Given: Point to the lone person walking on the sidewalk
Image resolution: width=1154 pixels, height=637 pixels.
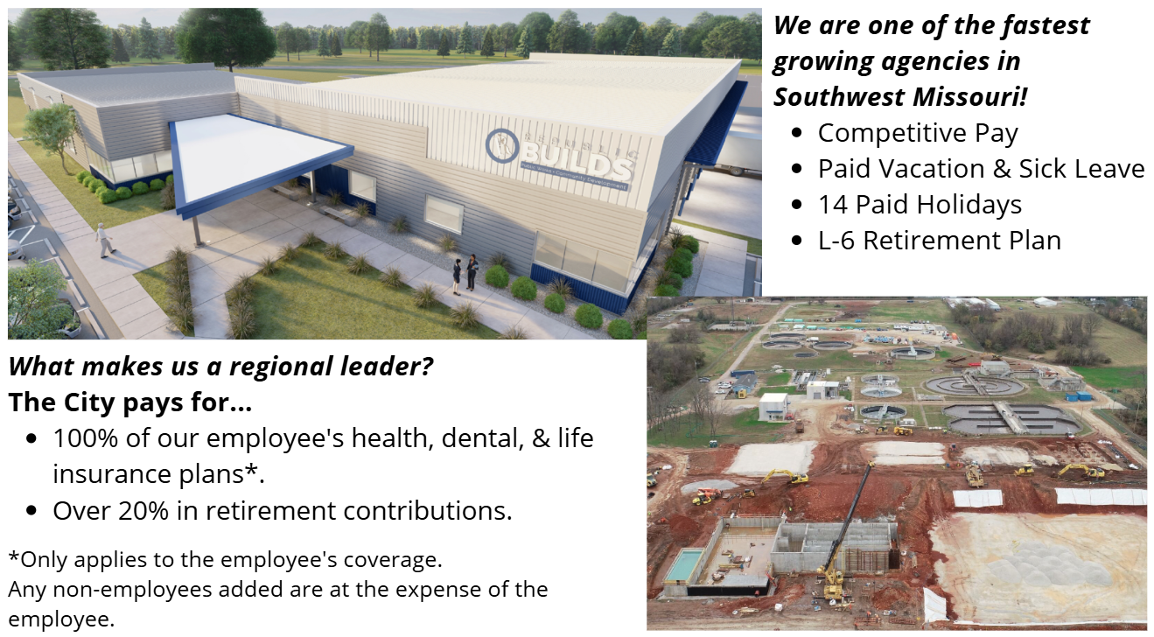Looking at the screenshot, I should click(105, 239).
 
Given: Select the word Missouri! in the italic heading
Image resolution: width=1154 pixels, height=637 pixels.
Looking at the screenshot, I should click(979, 96).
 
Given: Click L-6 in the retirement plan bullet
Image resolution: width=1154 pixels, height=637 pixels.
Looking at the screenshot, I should click(836, 240).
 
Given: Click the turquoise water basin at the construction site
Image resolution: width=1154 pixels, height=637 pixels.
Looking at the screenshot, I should click(682, 564).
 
